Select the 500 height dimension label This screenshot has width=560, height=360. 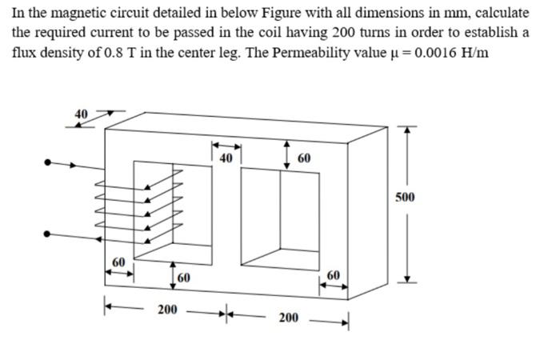tap(406, 197)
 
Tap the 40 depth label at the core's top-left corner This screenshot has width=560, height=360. tap(81, 114)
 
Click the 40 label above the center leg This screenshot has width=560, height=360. tap(226, 158)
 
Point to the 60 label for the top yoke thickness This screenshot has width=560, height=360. tap(304, 158)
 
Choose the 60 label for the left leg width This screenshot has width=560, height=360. tap(118, 262)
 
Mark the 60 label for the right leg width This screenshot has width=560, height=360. tap(334, 276)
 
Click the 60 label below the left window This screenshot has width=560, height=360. tap(184, 278)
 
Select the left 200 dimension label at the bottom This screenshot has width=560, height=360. tap(166, 308)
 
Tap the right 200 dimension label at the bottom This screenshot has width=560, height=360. tap(288, 318)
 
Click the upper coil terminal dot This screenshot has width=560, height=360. tap(49, 162)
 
